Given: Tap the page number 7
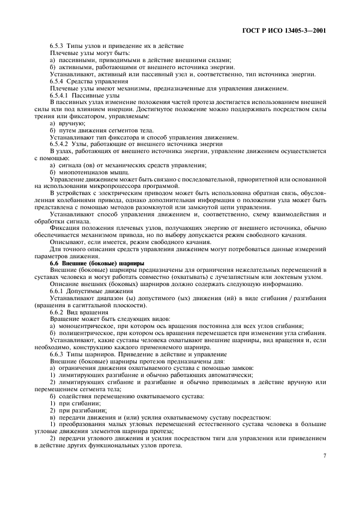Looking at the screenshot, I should [324, 456].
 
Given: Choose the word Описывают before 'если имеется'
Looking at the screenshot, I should [68, 242].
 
